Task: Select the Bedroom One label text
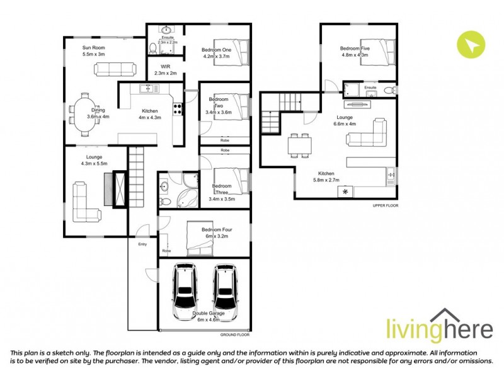(x=216, y=50)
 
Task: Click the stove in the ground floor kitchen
(x=178, y=108)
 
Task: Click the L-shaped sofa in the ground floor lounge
(x=85, y=203)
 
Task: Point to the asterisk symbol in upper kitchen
(x=345, y=191)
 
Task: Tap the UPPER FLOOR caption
(x=386, y=205)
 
